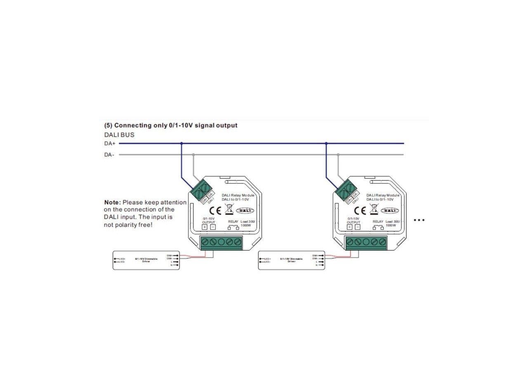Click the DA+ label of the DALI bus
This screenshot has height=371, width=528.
pyautogui.click(x=109, y=144)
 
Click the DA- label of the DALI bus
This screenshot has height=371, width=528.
pyautogui.click(x=109, y=155)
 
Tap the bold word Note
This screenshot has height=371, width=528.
pyautogui.click(x=112, y=203)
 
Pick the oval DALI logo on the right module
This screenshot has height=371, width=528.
pyautogui.click(x=389, y=211)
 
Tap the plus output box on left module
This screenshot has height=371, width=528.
pyautogui.click(x=205, y=227)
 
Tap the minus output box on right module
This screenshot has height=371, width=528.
pyautogui.click(x=358, y=227)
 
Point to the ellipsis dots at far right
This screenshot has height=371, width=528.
pyautogui.click(x=419, y=220)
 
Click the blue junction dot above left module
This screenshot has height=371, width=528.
pyautogui.click(x=181, y=143)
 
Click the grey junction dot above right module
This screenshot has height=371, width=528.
pyautogui.click(x=338, y=155)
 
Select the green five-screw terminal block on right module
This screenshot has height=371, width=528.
pyautogui.click(x=366, y=242)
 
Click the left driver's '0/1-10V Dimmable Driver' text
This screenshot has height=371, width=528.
pyautogui.click(x=146, y=260)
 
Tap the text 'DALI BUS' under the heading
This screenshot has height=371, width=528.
pyautogui.click(x=119, y=135)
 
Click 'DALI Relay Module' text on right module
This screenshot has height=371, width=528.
pyautogui.click(x=383, y=195)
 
